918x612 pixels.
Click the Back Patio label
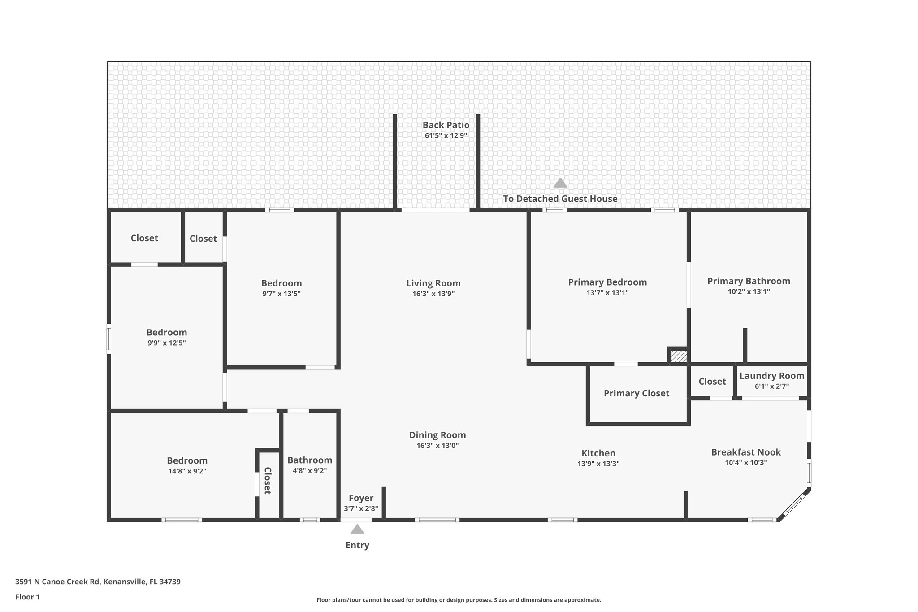click(446, 125)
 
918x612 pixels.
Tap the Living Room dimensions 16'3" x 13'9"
click(433, 294)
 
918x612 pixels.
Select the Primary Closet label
click(636, 393)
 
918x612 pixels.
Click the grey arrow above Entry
click(357, 530)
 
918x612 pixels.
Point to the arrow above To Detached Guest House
click(560, 183)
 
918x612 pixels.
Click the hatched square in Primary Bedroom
click(679, 356)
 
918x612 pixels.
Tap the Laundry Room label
click(771, 376)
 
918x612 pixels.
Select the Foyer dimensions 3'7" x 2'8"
click(361, 509)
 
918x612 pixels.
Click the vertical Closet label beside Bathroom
click(268, 481)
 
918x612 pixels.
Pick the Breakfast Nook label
click(746, 452)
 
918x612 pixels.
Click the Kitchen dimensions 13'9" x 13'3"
click(598, 464)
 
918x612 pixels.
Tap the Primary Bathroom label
click(749, 281)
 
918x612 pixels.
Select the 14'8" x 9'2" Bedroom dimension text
click(187, 471)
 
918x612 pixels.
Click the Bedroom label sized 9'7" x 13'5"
click(281, 283)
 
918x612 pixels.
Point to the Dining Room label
click(437, 435)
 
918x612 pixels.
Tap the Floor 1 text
click(28, 597)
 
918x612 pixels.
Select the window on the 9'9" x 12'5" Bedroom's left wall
click(108, 339)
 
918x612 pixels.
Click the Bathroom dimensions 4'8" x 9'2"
click(310, 471)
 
